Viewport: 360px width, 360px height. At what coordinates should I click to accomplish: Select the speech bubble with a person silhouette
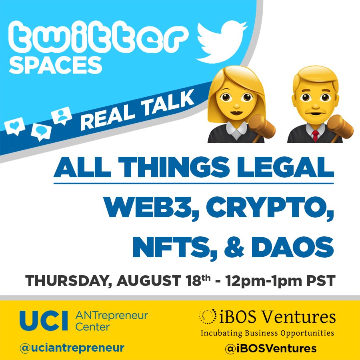(62, 115)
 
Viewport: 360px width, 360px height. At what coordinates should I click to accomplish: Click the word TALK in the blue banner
(168, 106)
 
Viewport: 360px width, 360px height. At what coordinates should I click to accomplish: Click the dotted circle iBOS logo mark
(208, 317)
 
